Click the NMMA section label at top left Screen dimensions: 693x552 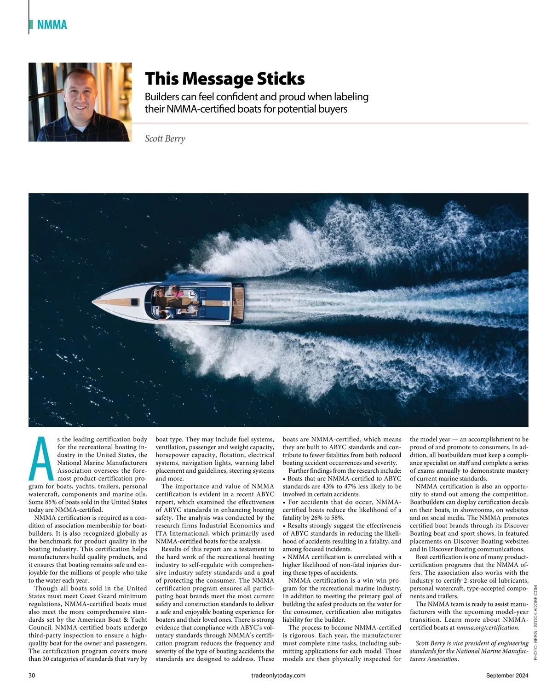pyautogui.click(x=52, y=25)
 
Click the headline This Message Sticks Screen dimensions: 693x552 pyautogui.click(x=224, y=79)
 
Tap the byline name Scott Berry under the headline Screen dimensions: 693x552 pyautogui.click(x=165, y=138)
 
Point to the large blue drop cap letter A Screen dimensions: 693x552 pyautogui.click(x=41, y=458)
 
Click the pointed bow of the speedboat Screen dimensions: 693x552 pyautogui.click(x=94, y=302)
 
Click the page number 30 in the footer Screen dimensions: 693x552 pyautogui.click(x=32, y=675)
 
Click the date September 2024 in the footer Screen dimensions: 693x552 pyautogui.click(x=507, y=675)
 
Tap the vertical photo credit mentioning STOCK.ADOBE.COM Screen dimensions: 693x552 pyautogui.click(x=535, y=623)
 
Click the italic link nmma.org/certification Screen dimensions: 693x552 pyautogui.click(x=487, y=627)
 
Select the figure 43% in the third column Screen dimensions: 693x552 pyautogui.click(x=333, y=486)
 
